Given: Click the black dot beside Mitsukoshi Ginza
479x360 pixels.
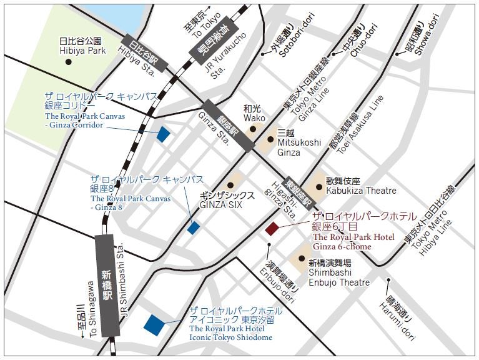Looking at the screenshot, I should tap(270, 140).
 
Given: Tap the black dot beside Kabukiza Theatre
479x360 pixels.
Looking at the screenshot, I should tap(319, 186).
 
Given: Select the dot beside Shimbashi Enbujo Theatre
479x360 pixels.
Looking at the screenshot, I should tap(302, 258).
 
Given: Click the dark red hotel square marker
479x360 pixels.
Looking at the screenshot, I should tap(272, 229).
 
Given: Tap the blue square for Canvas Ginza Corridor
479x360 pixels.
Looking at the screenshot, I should tap(164, 134).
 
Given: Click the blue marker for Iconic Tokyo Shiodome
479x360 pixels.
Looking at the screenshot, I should tap(154, 324).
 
